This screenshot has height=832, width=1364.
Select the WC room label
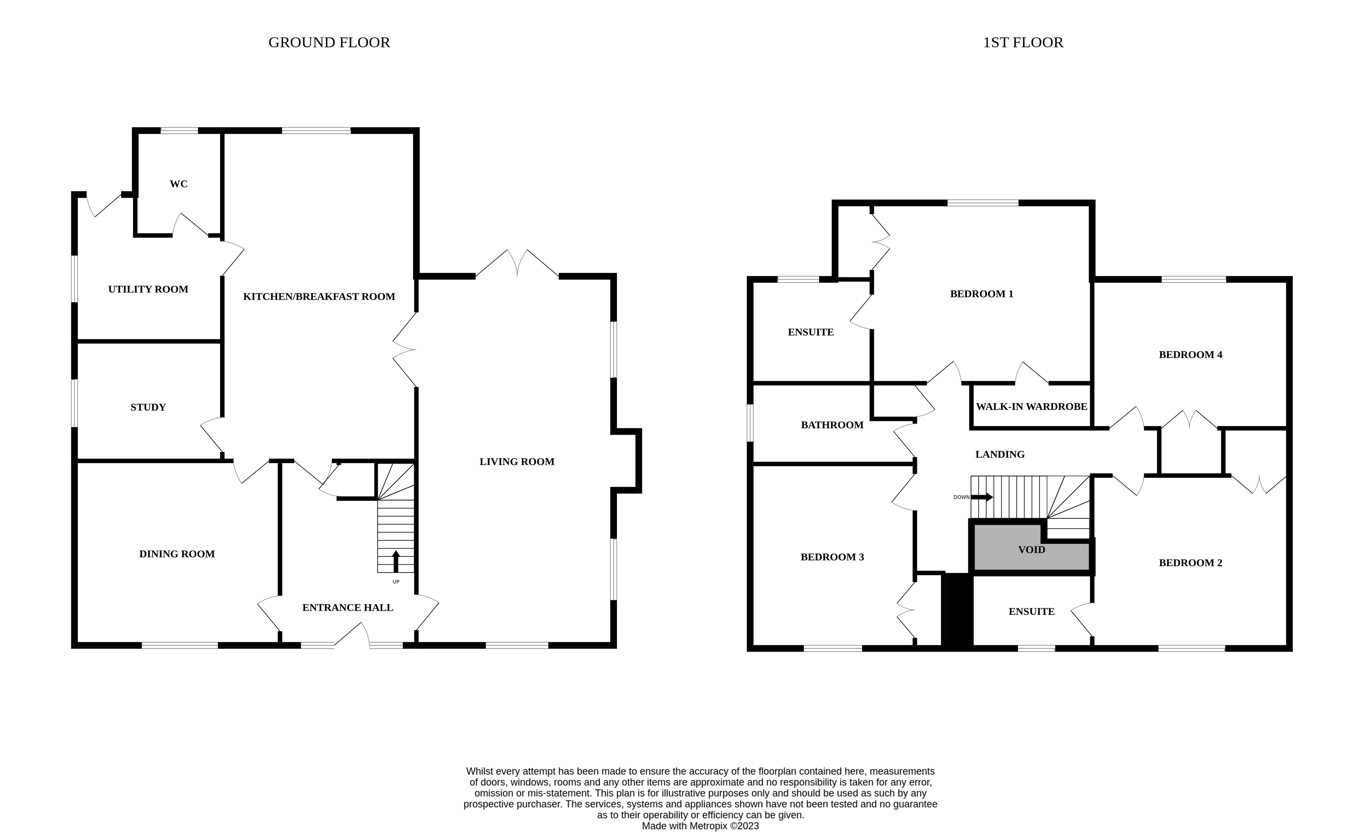tap(178, 184)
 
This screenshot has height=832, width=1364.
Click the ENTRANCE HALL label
tap(348, 607)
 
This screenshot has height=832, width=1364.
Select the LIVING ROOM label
tap(517, 461)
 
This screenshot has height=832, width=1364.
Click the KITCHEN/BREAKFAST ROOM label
tap(319, 296)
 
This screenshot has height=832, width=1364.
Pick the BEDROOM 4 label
tap(1190, 354)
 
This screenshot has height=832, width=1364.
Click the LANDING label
tap(1000, 454)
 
